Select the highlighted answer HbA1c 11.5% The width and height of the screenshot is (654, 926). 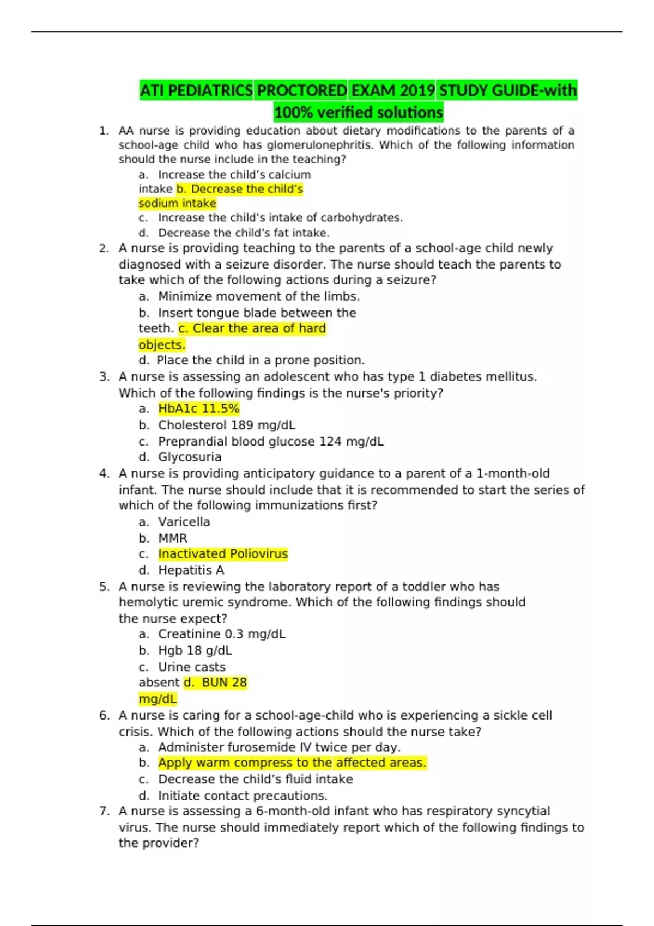pos(199,409)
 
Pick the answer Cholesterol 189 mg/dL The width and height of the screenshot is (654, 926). pos(227,425)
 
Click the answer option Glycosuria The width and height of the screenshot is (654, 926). pos(190,457)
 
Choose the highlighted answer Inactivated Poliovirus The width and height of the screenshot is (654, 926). pos(223,554)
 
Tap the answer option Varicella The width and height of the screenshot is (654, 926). pos(184,522)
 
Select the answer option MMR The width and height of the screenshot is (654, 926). pos(173,538)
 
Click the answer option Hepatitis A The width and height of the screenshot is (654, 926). pos(191,570)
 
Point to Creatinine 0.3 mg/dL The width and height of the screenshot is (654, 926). pos(221,634)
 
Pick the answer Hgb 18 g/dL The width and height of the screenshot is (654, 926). pos(195,650)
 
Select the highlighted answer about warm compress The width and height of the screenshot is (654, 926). pos(292,763)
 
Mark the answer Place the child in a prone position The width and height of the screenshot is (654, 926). pos(261,360)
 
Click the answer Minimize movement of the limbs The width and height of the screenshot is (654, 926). pos(259,296)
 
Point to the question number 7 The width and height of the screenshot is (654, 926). pos(105,811)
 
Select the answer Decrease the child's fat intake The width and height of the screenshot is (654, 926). pos(244,233)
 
